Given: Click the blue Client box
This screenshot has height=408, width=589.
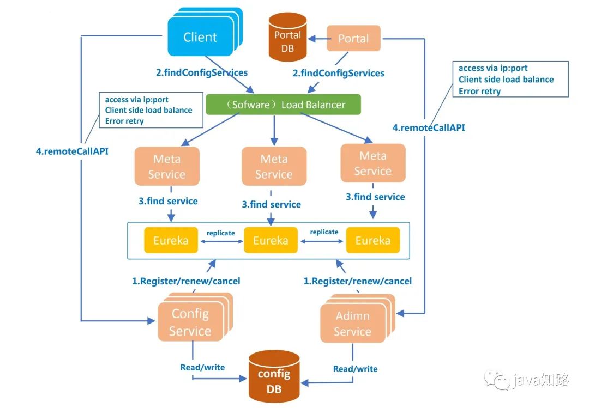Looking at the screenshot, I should (200, 37).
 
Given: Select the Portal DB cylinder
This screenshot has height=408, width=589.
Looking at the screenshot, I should (287, 39).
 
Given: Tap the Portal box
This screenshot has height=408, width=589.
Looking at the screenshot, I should (353, 39).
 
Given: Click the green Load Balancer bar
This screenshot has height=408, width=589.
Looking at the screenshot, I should (283, 105).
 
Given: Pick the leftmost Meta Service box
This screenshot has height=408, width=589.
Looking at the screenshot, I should (166, 167).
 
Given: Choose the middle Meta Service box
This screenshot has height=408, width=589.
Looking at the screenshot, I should (274, 167).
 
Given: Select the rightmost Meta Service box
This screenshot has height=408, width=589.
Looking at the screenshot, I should (372, 163).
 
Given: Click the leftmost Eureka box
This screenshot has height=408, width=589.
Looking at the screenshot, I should (171, 240).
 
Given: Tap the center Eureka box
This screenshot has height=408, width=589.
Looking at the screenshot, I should (271, 240).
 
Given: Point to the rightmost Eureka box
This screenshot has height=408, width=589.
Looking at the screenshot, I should (373, 240).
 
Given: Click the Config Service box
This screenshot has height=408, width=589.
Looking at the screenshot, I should (190, 322).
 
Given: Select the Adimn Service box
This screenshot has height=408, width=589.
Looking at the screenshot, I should (352, 324).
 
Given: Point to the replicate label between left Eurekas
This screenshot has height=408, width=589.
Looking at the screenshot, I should (220, 233).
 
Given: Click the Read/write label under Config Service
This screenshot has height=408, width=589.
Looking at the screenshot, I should (202, 367).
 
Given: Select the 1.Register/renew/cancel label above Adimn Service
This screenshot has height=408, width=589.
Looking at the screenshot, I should (357, 281).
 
